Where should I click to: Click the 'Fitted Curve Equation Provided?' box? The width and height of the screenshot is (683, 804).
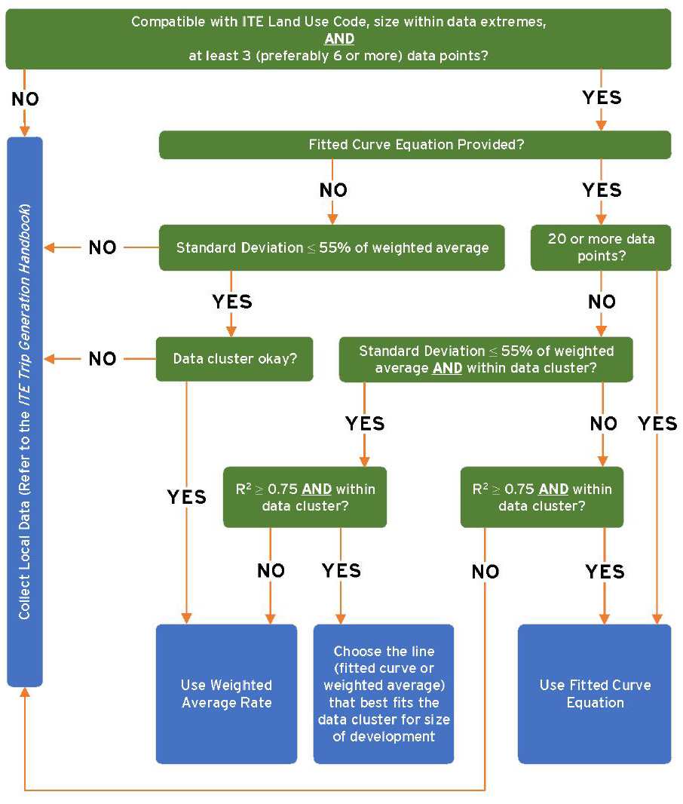(x=415, y=145)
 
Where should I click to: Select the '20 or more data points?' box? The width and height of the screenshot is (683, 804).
(x=601, y=247)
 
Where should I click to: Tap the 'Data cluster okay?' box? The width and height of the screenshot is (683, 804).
(x=234, y=358)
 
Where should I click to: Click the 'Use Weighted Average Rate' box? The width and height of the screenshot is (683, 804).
(x=226, y=694)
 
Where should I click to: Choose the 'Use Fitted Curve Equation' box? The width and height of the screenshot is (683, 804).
(x=594, y=694)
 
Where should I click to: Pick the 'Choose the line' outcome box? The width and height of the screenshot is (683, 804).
(x=384, y=694)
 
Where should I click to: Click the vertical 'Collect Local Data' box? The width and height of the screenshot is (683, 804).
(x=25, y=412)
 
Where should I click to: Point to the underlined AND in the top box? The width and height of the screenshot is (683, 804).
(x=339, y=38)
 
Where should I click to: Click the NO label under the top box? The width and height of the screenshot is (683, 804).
(x=25, y=99)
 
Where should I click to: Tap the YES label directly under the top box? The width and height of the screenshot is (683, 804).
(x=602, y=97)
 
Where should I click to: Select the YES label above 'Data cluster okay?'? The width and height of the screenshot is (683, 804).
(x=232, y=302)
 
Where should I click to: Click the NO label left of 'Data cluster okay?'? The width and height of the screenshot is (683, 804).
(x=103, y=358)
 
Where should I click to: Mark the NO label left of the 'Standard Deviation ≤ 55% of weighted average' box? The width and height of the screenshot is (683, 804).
(x=103, y=247)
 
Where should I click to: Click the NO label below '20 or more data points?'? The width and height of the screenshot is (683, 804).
(x=602, y=302)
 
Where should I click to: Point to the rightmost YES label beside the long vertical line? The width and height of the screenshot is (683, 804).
(x=658, y=424)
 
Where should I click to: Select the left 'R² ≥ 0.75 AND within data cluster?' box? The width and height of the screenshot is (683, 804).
(x=305, y=497)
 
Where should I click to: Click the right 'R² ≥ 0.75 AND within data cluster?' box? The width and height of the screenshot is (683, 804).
(x=542, y=497)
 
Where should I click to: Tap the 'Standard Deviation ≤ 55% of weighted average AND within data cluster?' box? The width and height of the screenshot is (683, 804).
(x=486, y=359)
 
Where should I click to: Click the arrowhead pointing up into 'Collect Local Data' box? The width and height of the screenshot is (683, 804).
(x=25, y=692)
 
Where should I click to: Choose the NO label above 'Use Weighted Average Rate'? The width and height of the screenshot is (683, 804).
(x=271, y=570)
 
